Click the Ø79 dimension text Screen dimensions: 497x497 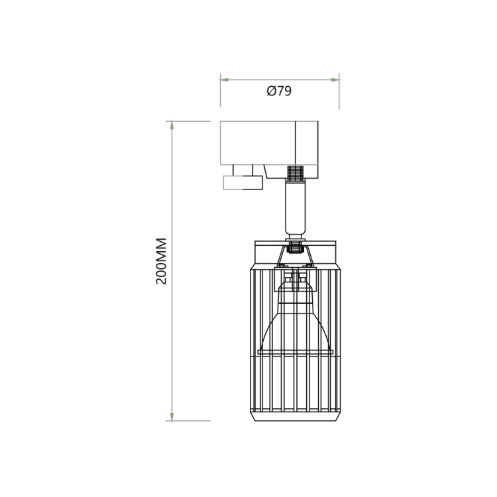click(279, 91)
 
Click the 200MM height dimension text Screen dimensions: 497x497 click(162, 261)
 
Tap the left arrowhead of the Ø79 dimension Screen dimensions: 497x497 click(225, 80)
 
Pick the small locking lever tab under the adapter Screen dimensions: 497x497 click(243, 182)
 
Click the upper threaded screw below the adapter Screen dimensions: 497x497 click(296, 174)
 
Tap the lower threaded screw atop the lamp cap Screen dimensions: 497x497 click(296, 250)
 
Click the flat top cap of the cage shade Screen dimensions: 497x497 click(296, 244)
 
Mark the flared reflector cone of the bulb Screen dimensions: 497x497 click(296, 331)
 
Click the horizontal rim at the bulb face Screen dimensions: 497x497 click(296, 352)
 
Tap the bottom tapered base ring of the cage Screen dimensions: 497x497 click(296, 417)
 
